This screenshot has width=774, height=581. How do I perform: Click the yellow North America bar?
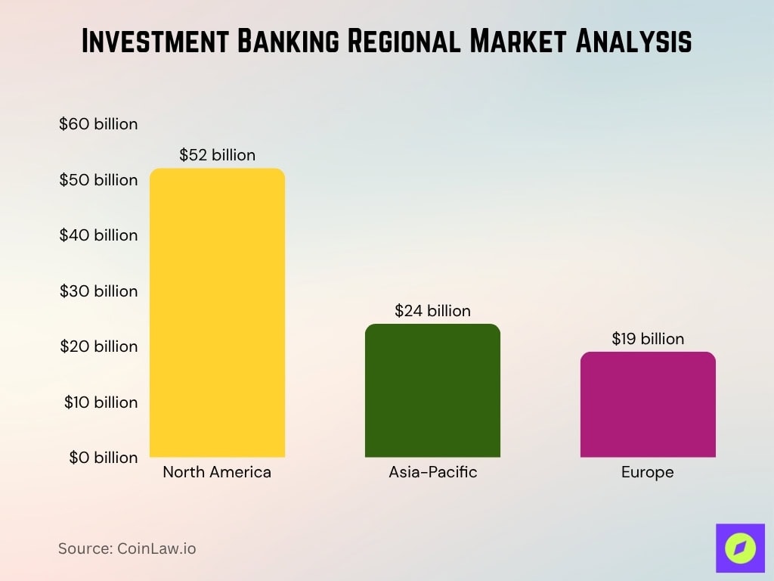pyautogui.click(x=218, y=312)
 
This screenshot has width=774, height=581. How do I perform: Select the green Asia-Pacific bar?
pyautogui.click(x=432, y=390)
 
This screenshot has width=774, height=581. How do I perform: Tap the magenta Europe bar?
pyautogui.click(x=648, y=404)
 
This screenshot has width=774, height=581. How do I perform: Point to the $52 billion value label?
pyautogui.click(x=218, y=155)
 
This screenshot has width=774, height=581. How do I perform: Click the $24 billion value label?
pyautogui.click(x=432, y=311)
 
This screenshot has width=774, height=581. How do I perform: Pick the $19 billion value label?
pyautogui.click(x=648, y=339)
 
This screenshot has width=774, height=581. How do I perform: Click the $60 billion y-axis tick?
pyautogui.click(x=98, y=124)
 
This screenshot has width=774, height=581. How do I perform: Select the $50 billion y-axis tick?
pyautogui.click(x=98, y=180)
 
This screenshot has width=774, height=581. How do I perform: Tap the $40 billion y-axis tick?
pyautogui.click(x=98, y=235)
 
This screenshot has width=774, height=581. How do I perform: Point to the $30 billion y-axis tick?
pyautogui.click(x=98, y=291)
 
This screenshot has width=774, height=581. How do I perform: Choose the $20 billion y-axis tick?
pyautogui.click(x=98, y=346)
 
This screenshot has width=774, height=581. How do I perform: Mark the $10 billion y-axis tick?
pyautogui.click(x=101, y=402)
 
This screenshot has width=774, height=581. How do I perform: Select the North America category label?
pyautogui.click(x=217, y=473)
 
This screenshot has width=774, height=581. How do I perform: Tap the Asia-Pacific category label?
pyautogui.click(x=433, y=473)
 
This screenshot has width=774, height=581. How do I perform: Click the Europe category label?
pyautogui.click(x=647, y=473)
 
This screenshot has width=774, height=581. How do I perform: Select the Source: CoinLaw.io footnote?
pyautogui.click(x=127, y=548)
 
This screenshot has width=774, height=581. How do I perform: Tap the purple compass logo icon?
pyautogui.click(x=740, y=548)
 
